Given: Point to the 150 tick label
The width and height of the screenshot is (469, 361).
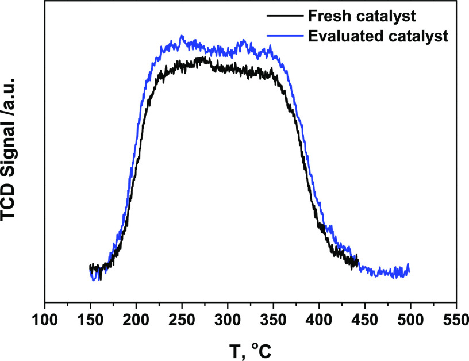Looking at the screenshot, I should coord(90,318).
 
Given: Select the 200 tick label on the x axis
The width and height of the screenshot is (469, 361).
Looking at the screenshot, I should coord(136,318).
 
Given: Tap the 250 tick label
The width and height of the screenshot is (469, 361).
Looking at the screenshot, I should coord(182,318).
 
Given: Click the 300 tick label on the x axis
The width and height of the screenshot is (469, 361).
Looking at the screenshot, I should coord(228,318).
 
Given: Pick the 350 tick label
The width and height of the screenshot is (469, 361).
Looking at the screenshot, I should coord(273,318).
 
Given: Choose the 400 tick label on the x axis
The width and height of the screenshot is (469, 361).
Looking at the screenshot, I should coord(319,318).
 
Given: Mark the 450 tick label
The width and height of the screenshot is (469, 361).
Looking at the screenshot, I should coord(364,318).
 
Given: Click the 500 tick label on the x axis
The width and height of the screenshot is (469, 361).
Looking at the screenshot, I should coord(410,318).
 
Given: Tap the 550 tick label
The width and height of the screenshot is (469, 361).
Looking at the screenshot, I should coord(456,318).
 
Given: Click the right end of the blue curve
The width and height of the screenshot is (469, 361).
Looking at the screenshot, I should coord(409,270).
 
